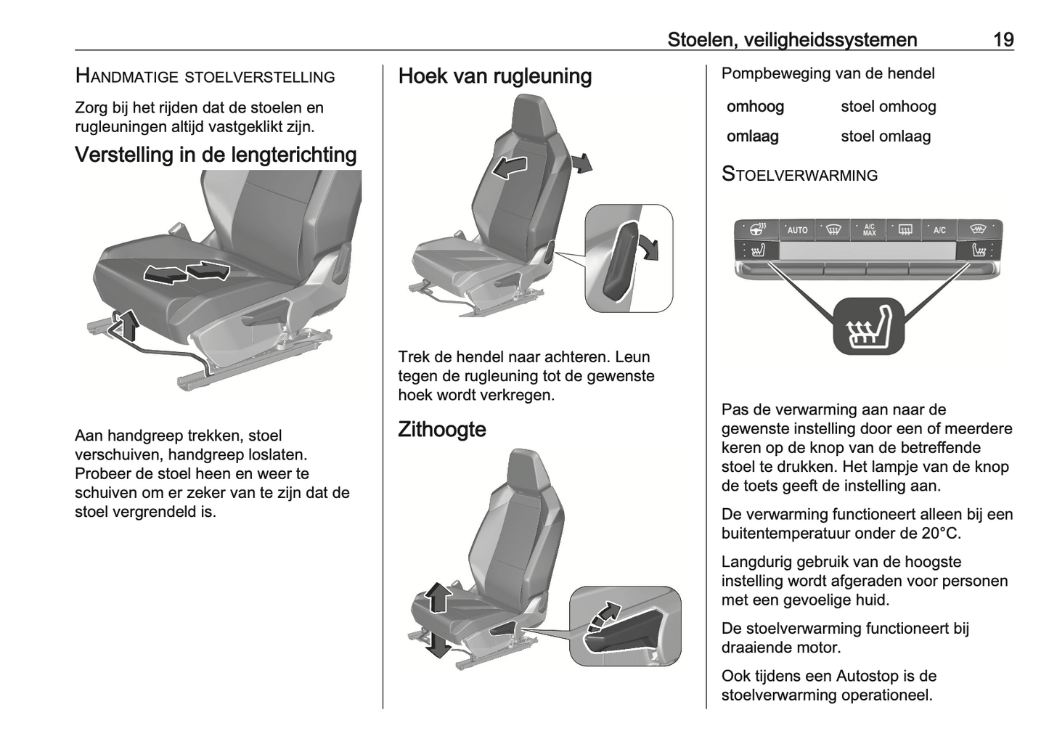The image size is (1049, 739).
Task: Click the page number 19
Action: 1003,40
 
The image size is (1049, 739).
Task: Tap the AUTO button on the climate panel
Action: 797,230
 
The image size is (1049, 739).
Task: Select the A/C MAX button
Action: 869,230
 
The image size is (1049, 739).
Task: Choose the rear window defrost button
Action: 905,230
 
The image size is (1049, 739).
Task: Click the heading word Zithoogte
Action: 441,430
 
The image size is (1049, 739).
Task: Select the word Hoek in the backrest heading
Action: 422,76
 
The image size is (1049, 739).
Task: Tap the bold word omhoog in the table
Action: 755,107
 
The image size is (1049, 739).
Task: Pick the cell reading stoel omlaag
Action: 885,136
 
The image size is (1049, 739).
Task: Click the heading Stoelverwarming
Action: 799,175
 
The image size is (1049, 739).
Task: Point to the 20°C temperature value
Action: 941,534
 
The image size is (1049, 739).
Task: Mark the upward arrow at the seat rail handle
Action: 128,324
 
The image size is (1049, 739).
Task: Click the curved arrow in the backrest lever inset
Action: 650,246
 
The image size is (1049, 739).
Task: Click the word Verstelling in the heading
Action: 124,155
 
